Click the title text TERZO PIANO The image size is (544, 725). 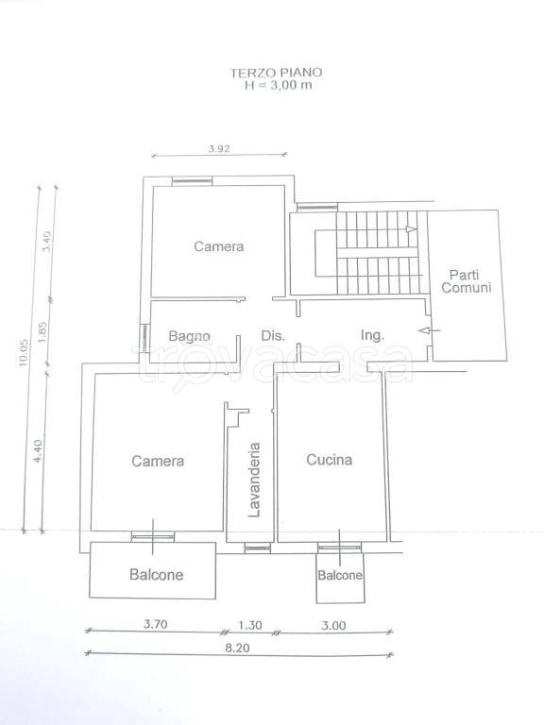coord(276,73)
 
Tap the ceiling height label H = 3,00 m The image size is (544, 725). coord(278,85)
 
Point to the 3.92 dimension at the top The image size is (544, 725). coord(219,149)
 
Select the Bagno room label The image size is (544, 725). coord(189,336)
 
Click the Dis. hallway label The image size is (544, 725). coord(273,335)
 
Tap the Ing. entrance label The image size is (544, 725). coord(372,335)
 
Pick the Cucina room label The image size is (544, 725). coord(330,459)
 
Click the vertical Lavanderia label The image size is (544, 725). coord(254,480)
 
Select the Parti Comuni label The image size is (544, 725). coord(466,280)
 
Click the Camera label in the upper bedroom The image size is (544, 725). coord(219,246)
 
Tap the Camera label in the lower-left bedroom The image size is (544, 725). coord(158,461)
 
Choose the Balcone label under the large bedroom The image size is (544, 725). coord(157,574)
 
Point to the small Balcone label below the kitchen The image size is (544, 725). coord(340,575)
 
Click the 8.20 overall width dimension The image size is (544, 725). coord(237,648)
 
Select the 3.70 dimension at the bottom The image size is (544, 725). coord(156,624)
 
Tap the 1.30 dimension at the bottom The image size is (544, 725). coord(250,625)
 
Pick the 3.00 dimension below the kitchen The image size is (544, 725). coord(333,625)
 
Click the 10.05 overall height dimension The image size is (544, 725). coord(24,353)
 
